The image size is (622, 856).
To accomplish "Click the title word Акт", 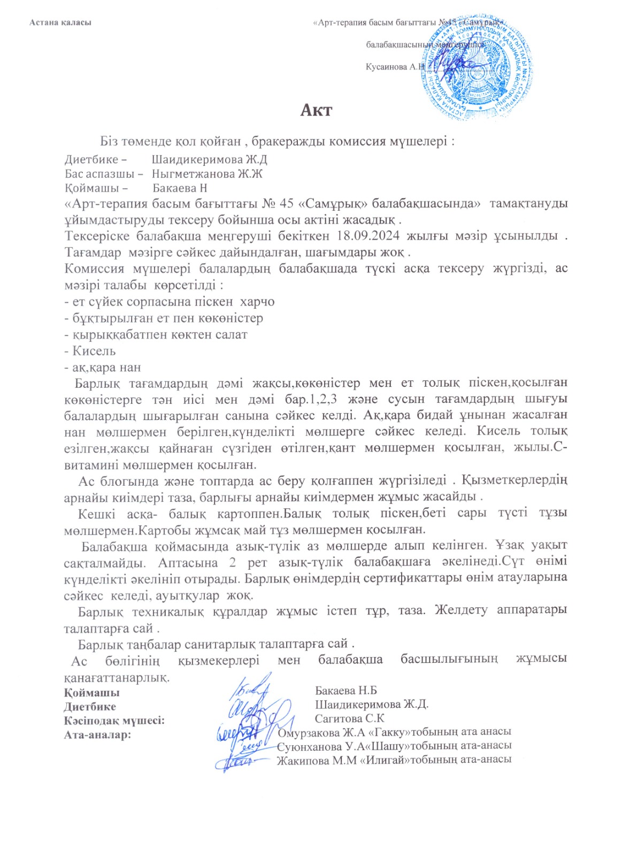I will [316, 110].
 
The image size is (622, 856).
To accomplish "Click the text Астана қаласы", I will [60, 22].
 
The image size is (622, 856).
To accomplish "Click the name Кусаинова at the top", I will [387, 67].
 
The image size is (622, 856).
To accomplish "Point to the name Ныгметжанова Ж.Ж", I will [207, 174].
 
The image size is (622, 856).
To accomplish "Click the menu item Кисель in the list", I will [94, 351].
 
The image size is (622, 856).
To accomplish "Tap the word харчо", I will [257, 302].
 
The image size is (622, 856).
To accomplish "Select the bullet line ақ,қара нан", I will [103, 368].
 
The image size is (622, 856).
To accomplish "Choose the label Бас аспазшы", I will [100, 174].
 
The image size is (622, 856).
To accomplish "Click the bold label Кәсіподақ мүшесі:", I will [114, 721].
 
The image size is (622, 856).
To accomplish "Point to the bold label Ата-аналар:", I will [97, 735].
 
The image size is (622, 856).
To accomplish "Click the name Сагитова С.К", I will [349, 719].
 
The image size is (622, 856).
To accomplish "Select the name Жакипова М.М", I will [317, 760].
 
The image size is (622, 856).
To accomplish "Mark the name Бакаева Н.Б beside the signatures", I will [346, 691].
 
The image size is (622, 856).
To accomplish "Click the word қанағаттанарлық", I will [117, 678].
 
